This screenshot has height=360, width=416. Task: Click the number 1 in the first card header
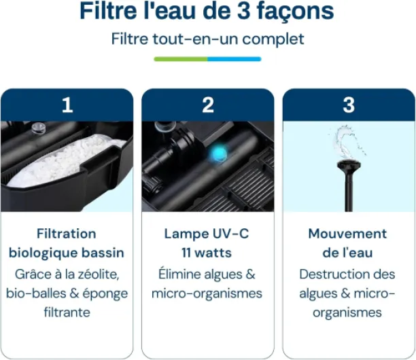67,105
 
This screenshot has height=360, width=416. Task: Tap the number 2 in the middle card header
208,105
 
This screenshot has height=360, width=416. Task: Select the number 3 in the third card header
349,105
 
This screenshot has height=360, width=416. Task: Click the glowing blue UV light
218,154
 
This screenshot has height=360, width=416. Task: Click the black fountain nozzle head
349,166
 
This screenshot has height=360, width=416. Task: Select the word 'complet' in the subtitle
273,39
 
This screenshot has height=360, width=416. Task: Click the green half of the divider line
181,59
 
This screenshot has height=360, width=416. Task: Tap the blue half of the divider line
235,59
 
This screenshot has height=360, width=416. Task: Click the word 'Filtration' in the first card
67,234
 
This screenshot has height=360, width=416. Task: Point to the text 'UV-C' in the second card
231,234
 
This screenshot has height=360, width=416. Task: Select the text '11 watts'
207,253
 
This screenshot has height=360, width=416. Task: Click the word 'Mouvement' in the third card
347,234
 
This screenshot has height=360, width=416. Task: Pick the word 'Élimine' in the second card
179,274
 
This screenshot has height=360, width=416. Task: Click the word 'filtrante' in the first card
67,312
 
